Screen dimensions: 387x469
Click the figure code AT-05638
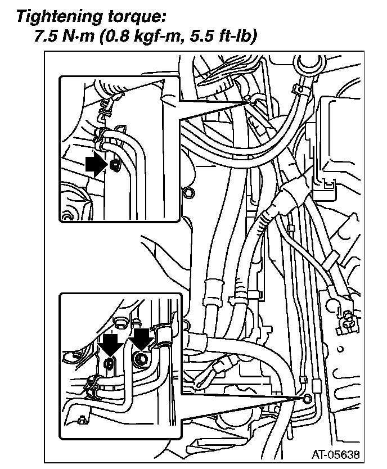[x=336, y=453]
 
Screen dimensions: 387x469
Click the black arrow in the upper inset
[x=96, y=165]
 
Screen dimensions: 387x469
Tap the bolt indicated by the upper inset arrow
[x=115, y=165]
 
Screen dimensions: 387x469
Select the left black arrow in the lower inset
[x=110, y=342]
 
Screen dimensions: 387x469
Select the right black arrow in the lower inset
[x=141, y=339]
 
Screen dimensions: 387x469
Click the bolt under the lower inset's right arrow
[x=141, y=358]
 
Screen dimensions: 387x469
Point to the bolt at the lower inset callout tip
[x=307, y=399]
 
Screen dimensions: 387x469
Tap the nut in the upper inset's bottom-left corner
[x=68, y=216]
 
